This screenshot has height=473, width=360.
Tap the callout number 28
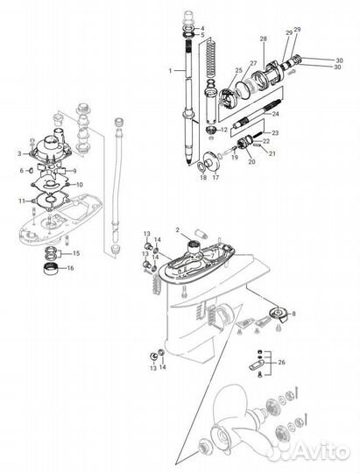tap(264, 40)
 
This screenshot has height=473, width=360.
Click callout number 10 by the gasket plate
tap(79, 185)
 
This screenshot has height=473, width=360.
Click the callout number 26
tap(282, 361)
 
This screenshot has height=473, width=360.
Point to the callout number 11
tap(19, 201)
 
